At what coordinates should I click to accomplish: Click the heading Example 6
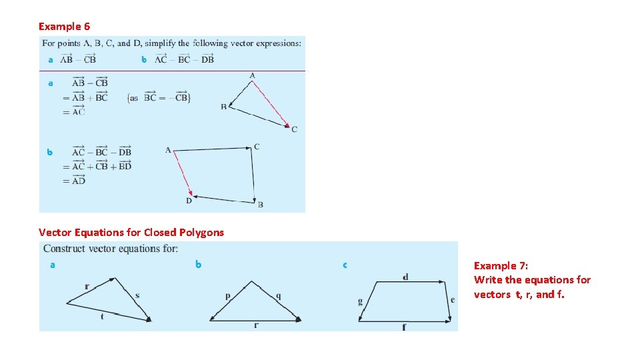pos(64,27)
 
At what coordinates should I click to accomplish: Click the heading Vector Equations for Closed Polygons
pos(131,233)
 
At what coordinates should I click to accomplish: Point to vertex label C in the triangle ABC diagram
pos(295,129)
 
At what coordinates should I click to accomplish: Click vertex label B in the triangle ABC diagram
pos(224,107)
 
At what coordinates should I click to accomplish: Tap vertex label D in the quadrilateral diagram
pos(188,201)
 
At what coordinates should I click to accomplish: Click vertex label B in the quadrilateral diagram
pos(260,205)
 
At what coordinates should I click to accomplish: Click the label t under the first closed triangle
pos(102,317)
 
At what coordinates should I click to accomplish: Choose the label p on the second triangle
pos(227,296)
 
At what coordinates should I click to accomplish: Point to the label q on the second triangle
pos(278,296)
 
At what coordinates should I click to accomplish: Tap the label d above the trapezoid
pos(406,277)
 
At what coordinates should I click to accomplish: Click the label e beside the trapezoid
pos(453,300)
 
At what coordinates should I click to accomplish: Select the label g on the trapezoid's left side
pos(360,301)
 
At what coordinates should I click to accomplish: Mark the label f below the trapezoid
pos(405,327)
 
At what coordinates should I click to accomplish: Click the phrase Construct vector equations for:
pos(111,249)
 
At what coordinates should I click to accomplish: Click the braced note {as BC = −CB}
pos(159,98)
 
